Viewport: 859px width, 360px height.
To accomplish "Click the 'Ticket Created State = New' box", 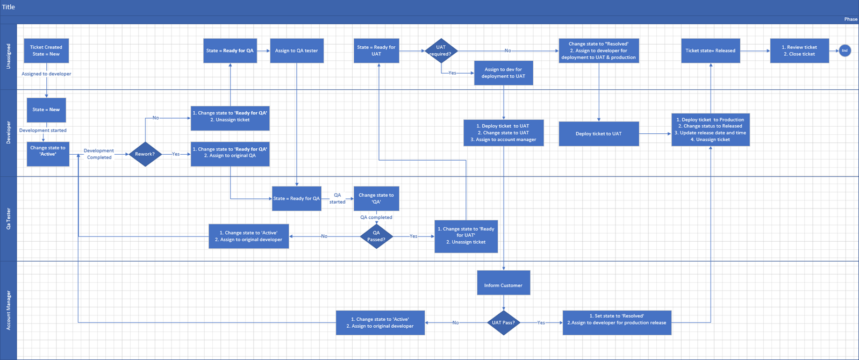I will tap(46, 51).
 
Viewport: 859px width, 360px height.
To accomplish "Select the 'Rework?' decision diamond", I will tap(145, 154).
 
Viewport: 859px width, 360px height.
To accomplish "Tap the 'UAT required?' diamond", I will tap(441, 51).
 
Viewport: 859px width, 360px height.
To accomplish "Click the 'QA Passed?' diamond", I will tap(376, 236).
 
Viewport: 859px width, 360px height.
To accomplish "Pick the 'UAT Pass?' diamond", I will tap(504, 322).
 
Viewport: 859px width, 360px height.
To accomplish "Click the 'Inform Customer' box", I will tap(503, 285).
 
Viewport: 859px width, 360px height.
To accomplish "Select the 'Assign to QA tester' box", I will tap(296, 51).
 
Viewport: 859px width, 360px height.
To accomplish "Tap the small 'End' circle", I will tap(844, 51).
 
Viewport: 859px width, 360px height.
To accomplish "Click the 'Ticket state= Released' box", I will tap(710, 51).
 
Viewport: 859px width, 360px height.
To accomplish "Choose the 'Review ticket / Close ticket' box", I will tap(799, 51).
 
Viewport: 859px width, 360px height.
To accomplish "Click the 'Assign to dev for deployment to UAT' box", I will tap(503, 73).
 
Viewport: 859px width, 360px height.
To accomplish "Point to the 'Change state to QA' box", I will tap(376, 198).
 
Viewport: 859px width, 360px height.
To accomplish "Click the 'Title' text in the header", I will tap(9, 7).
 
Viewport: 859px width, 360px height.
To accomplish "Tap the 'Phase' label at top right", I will tap(850, 19).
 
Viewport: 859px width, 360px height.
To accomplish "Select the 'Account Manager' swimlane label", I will tap(9, 311).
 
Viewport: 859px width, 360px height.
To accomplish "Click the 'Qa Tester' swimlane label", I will tap(9, 219).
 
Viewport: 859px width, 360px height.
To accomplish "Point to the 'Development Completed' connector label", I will tap(99, 154).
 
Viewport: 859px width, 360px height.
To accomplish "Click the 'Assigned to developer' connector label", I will tap(46, 74).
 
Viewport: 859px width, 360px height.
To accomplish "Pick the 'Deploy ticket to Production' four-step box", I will tap(710, 129).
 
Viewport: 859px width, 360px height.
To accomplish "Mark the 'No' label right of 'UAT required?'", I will tap(507, 51).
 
